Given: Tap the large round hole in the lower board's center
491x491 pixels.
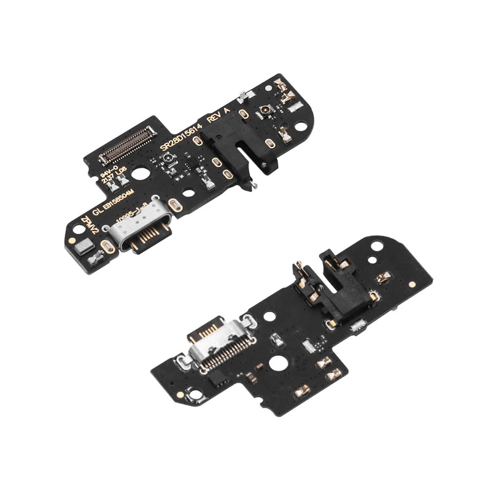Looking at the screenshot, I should [x=277, y=363].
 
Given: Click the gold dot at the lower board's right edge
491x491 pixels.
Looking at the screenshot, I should [x=412, y=285].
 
